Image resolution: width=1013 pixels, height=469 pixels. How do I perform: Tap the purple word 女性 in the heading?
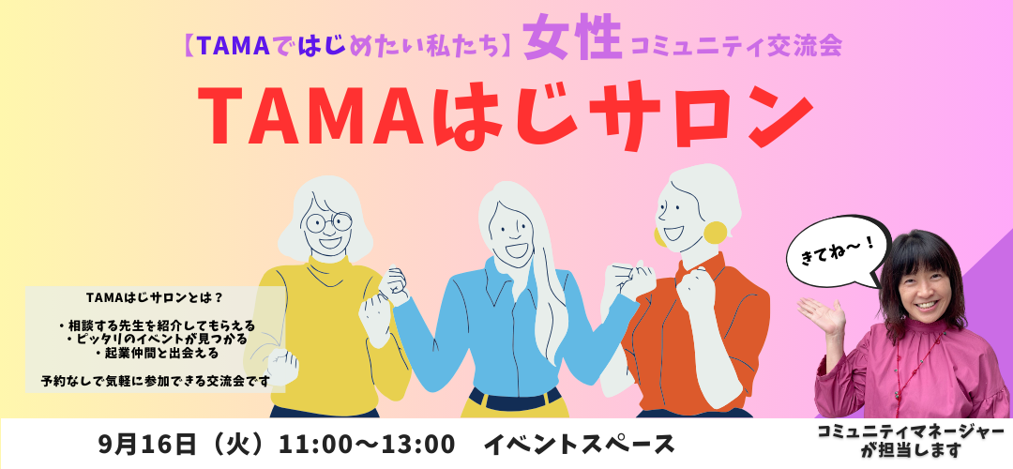coord(572,41)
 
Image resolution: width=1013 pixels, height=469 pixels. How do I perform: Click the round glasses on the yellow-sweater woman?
coord(329,222)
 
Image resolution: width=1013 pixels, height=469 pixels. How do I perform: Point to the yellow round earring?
coord(715,233)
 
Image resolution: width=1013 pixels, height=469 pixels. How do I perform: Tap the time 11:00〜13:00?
coord(367,445)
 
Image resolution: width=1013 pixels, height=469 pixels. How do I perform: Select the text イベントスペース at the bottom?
coord(580,445)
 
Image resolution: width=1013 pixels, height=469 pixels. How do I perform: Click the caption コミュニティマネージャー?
coord(911,432)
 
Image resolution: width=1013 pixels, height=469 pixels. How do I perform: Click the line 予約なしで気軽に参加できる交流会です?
coord(155,381)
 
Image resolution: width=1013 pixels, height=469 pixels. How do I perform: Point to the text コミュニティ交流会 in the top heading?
coord(736,46)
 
